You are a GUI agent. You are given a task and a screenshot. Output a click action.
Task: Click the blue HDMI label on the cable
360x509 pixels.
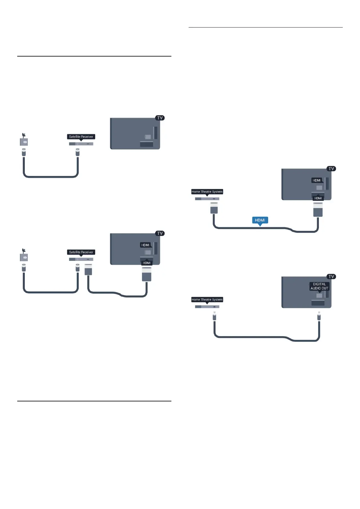(260, 220)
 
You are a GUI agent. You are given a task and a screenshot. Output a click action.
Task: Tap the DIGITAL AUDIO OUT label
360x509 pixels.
(319, 286)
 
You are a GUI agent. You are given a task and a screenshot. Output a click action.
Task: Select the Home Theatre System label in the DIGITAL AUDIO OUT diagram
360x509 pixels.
(207, 300)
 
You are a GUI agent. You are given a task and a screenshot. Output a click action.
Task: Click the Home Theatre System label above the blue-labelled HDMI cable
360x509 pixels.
(207, 192)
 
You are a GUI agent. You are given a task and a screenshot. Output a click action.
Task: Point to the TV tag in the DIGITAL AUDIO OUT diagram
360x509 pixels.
(331, 277)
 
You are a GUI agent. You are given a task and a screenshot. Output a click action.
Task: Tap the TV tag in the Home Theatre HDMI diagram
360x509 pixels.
(331, 169)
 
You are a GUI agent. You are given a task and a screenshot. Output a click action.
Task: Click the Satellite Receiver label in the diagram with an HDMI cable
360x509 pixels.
(81, 252)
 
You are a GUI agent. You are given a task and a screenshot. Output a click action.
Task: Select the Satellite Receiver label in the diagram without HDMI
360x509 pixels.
(81, 137)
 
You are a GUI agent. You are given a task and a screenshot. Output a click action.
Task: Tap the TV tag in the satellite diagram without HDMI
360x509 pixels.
(160, 118)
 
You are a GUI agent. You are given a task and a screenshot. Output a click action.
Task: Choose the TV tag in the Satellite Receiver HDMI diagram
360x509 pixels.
(160, 233)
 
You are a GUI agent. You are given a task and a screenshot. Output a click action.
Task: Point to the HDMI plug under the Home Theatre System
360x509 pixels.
(214, 208)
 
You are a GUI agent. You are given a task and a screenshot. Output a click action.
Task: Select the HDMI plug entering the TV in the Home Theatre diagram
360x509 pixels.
(318, 209)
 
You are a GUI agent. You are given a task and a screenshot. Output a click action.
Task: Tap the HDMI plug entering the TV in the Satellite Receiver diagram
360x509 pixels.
(147, 276)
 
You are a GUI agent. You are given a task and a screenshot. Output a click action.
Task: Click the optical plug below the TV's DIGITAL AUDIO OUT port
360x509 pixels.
(319, 316)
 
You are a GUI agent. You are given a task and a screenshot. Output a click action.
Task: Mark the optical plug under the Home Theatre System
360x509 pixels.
(214, 316)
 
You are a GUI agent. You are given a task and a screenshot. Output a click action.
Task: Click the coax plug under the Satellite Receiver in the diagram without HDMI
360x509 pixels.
(78, 152)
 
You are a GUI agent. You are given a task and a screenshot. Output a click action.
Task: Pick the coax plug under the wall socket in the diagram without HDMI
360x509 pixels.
(24, 152)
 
